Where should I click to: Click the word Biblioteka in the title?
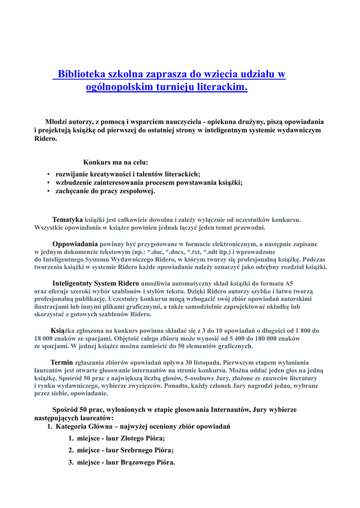(81, 74)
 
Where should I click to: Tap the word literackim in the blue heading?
(223, 87)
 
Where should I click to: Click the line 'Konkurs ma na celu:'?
(116, 162)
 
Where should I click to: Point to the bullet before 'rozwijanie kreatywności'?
(48, 175)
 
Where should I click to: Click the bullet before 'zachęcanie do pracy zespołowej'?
(48, 191)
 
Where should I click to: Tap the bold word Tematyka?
(68, 219)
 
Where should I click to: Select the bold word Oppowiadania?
(75, 244)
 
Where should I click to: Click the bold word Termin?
(62, 362)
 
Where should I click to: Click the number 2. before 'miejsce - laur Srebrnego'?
(72, 450)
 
